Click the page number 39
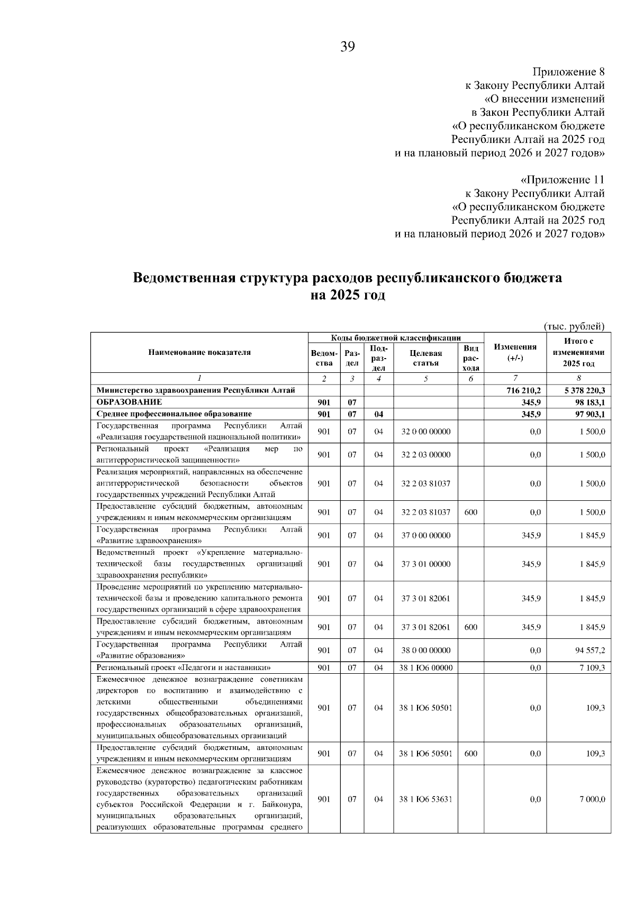(x=348, y=47)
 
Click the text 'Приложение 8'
(x=568, y=72)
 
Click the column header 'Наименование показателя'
(x=199, y=353)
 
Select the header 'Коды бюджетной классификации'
(x=396, y=338)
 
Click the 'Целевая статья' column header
(x=426, y=358)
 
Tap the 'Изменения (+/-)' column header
(x=515, y=352)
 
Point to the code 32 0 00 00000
(x=426, y=432)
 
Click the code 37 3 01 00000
(x=426, y=564)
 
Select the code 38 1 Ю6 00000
(x=426, y=668)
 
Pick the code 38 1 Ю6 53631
(x=426, y=799)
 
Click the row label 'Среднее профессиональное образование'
(x=174, y=414)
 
